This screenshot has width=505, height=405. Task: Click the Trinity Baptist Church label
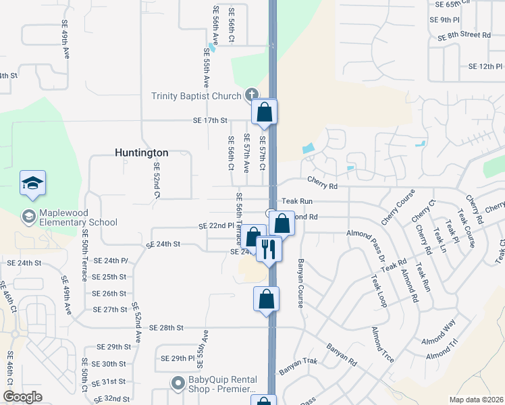click(196, 96)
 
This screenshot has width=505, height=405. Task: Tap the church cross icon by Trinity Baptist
click(250, 94)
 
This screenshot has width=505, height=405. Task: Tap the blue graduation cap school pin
click(32, 184)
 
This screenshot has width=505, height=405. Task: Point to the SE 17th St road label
click(207, 121)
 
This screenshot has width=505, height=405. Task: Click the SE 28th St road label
click(166, 328)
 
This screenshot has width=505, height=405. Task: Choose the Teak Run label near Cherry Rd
click(298, 201)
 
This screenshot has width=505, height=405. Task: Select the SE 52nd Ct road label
click(157, 180)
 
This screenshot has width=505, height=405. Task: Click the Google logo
click(23, 397)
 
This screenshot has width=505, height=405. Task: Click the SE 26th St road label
click(109, 294)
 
